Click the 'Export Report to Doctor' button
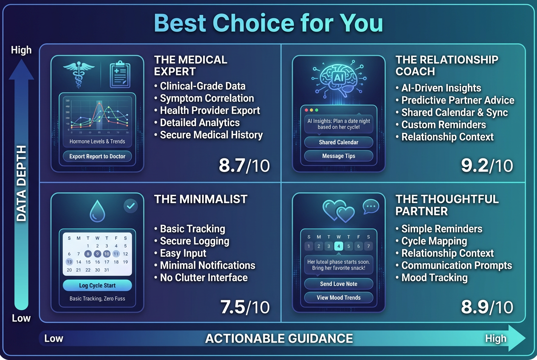pos(97,156)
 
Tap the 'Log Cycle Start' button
pos(97,286)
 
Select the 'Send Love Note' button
pos(339,284)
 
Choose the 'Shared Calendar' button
pos(339,142)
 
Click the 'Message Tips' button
pos(339,156)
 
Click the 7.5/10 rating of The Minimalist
pos(245,307)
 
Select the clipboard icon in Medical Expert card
pos(120,75)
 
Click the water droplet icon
pos(97,211)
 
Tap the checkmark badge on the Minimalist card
pos(130,206)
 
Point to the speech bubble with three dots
pos(370,207)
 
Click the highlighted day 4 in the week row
pos(339,246)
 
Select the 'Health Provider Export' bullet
pos(210,110)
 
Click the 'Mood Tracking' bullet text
pos(434,278)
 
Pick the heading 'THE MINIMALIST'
pos(201,199)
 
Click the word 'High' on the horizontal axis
pos(496,338)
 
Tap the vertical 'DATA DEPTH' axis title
pos(21,183)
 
